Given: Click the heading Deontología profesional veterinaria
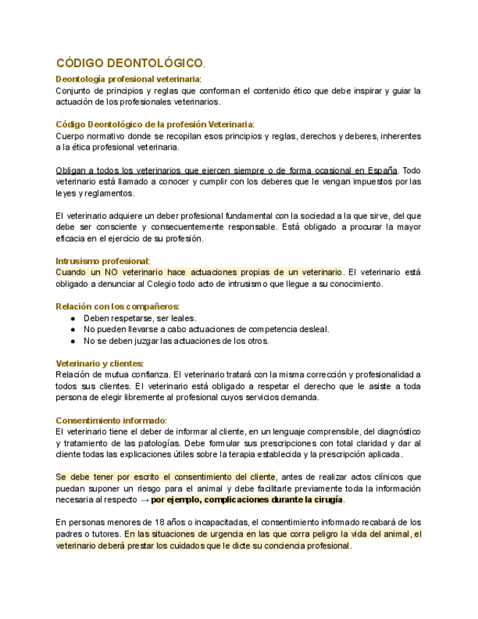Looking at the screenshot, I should click(128, 79).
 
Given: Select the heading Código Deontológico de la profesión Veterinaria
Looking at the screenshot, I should click(154, 125).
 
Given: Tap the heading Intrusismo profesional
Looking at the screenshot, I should click(102, 261).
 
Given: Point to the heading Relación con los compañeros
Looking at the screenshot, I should click(117, 307).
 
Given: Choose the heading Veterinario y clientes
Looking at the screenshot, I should click(99, 364).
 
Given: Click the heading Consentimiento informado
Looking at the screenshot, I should click(111, 420).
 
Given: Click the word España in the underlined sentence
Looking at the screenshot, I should click(382, 170).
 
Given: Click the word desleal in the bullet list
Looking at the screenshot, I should click(313, 329).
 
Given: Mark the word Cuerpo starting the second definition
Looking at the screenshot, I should click(70, 136).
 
